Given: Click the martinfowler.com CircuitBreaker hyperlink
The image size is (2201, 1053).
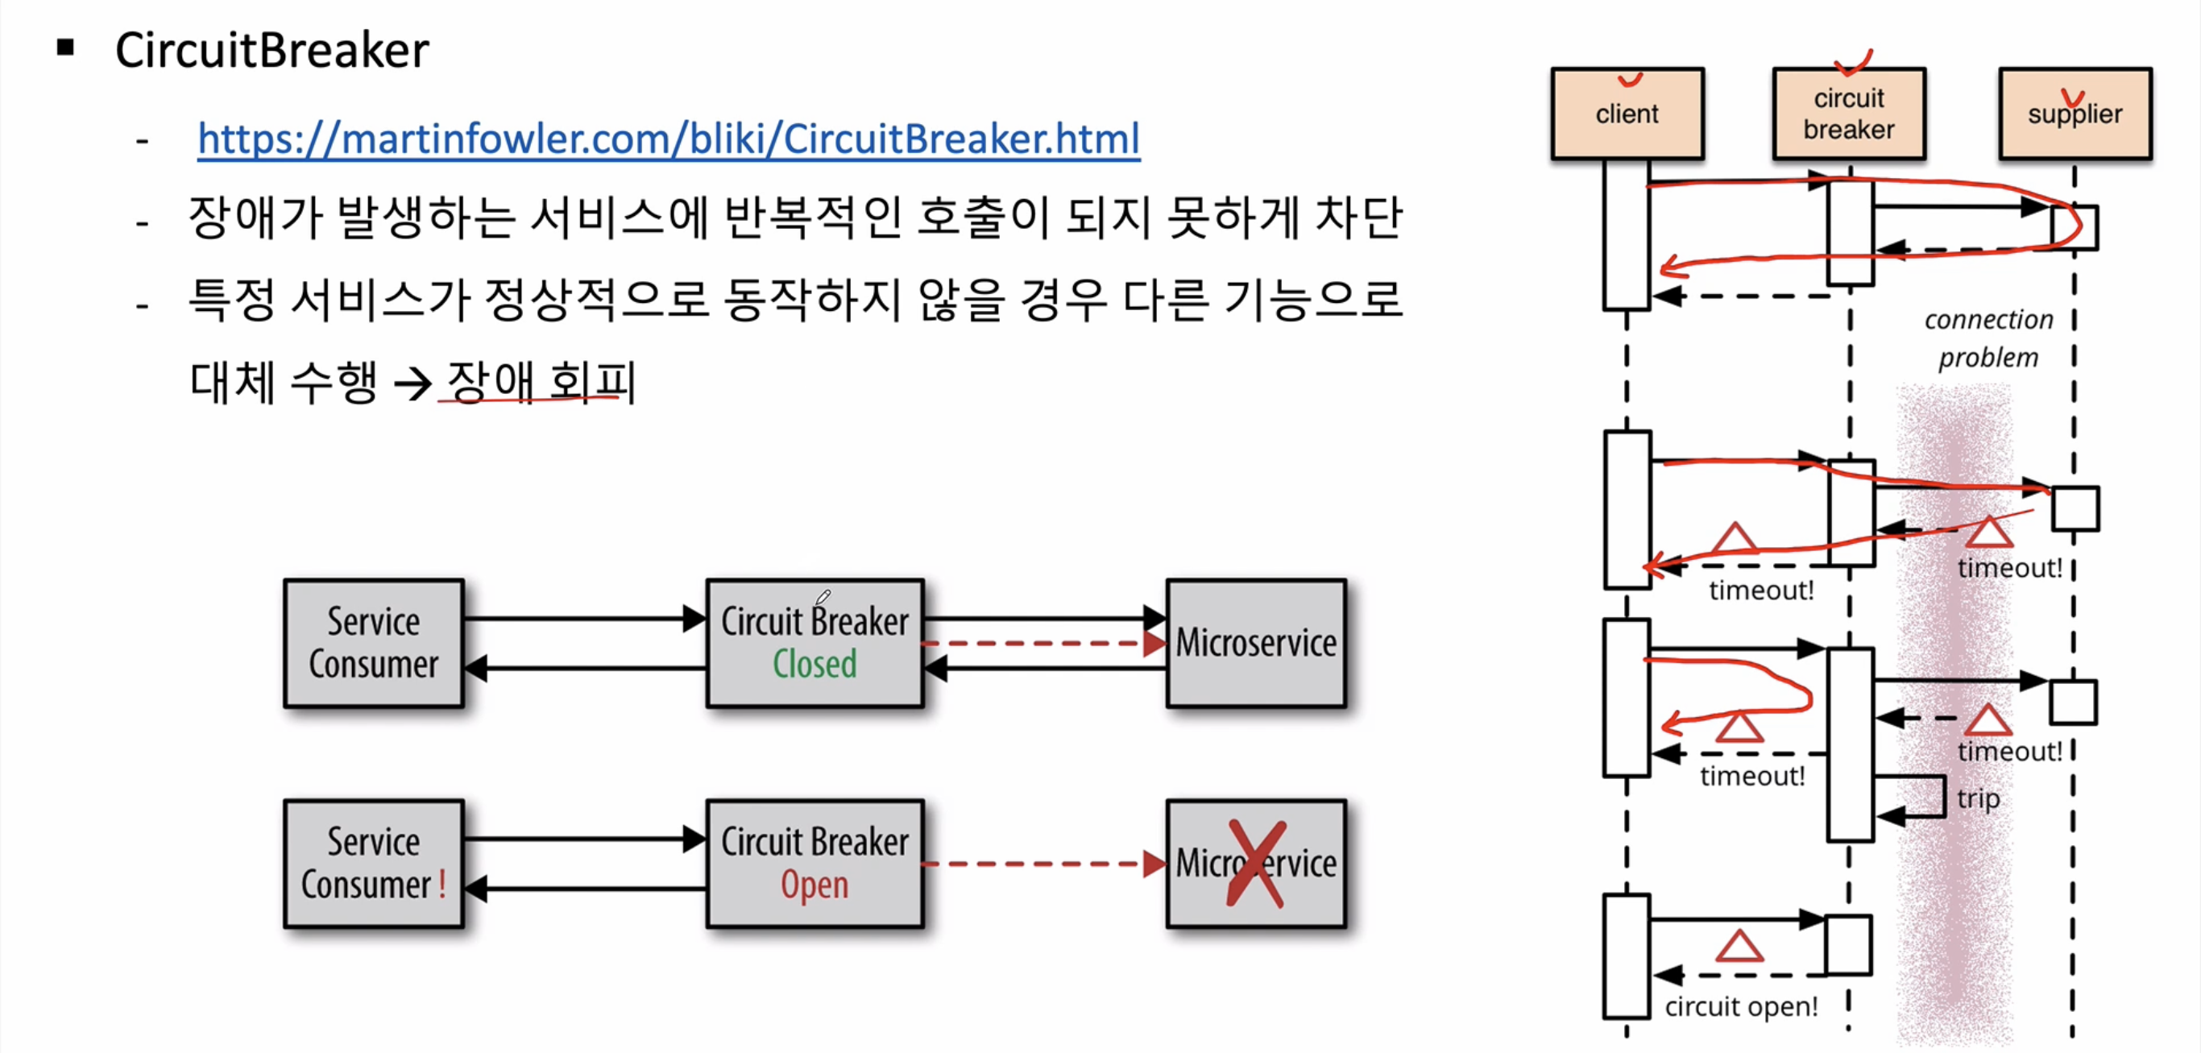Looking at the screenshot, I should (668, 139).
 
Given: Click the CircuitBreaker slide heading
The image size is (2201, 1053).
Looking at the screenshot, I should (271, 51).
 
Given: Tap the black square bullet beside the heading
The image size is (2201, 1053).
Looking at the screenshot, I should (66, 48).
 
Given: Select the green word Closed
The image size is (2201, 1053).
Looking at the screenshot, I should (814, 664).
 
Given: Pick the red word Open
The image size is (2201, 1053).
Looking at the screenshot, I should (814, 885).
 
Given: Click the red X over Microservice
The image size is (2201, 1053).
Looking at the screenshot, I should (1255, 863).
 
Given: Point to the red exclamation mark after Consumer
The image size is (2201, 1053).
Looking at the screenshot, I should (442, 884).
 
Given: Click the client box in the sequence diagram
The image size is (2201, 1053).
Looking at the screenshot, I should (1627, 114).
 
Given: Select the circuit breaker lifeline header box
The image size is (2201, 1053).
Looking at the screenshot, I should (1848, 114).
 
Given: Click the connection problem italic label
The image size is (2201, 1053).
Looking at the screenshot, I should (1988, 338).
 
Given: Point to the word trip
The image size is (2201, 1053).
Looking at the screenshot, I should (1978, 798).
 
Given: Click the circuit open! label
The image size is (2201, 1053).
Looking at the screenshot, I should (1741, 1006).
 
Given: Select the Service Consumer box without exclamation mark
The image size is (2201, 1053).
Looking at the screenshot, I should (373, 643).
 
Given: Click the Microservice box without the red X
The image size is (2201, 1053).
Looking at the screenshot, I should (1255, 643).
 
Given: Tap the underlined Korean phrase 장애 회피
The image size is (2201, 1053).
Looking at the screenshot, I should (540, 381).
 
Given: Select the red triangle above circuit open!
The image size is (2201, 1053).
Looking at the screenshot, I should (1739, 947).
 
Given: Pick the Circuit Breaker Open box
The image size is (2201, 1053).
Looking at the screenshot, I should (814, 863).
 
